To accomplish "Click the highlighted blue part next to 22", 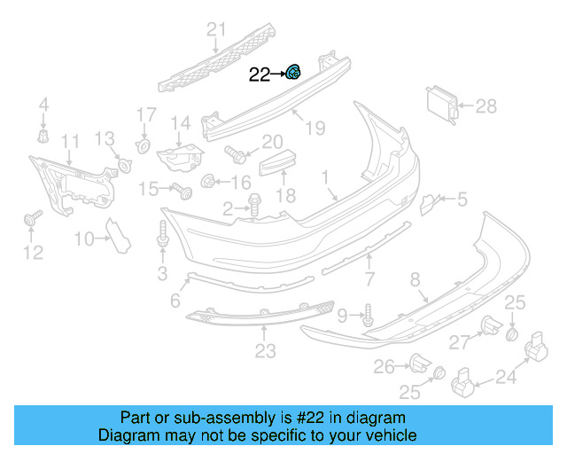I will (292, 74).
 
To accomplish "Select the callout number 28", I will (486, 107).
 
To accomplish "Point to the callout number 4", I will (43, 107).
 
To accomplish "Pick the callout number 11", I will (70, 141).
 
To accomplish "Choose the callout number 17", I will (146, 114).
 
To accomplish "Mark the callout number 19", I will (315, 129).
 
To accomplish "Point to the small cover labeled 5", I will (429, 204).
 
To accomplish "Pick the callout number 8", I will (414, 280).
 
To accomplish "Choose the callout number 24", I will (504, 380).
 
